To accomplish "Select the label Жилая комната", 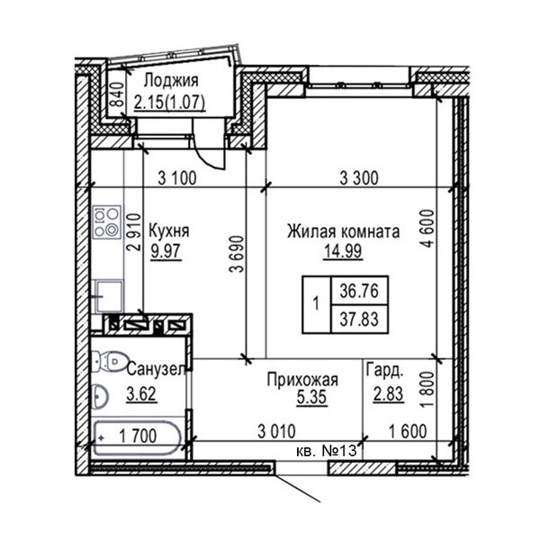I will click(343, 232).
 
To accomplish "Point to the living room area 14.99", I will click(343, 252).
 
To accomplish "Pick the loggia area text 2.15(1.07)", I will click(168, 103).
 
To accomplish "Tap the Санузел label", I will click(156, 370).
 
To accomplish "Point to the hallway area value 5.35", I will click(301, 400).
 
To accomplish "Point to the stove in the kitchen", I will click(106, 221).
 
